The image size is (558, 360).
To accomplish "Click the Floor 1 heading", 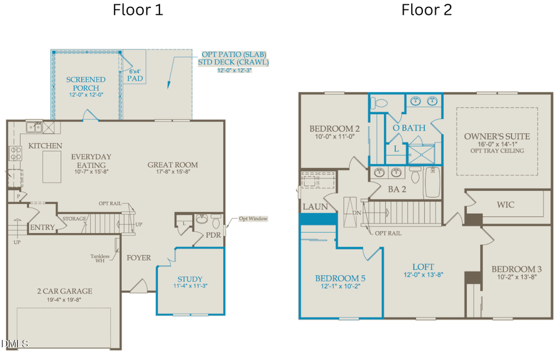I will tap(138, 10).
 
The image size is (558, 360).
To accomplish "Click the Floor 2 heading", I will tap(427, 10).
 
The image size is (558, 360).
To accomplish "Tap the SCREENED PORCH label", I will tap(86, 83).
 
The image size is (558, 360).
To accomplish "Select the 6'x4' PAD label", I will tap(135, 75).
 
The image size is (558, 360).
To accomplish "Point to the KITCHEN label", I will tap(45, 146).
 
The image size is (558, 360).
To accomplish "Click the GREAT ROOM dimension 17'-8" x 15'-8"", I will tap(172, 174).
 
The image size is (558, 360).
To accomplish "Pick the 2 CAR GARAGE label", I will tap(64, 291).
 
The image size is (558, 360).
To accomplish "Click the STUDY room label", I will tap(190, 279).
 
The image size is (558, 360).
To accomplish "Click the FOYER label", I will tap(139, 257).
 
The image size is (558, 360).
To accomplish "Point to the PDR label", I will tap(214, 235).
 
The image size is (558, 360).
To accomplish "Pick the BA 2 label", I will tap(397, 190).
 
